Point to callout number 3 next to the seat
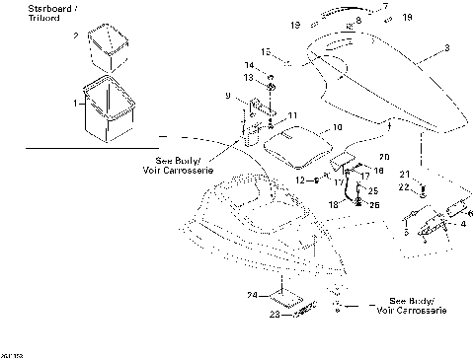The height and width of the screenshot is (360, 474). tap(445, 47)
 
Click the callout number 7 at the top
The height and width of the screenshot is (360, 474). tap(386, 7)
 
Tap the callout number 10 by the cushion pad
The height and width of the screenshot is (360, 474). tap(337, 127)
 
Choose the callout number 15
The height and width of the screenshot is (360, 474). tap(264, 51)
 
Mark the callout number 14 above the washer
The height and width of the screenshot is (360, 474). tap(248, 65)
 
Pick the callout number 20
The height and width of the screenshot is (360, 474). tap(384, 157)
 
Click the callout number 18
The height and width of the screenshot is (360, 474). tap(332, 203)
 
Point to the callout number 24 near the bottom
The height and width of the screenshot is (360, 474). tap(252, 295)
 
